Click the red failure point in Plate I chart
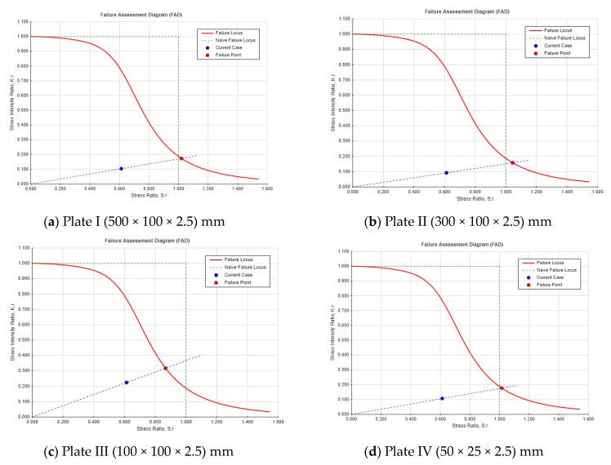pyautogui.click(x=181, y=158)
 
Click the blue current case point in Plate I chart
pyautogui.click(x=121, y=169)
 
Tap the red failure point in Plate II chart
pyautogui.click(x=512, y=163)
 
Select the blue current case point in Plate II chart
pyautogui.click(x=446, y=173)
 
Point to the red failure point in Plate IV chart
pyautogui.click(x=501, y=387)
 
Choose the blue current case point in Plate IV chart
pyautogui.click(x=442, y=398)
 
